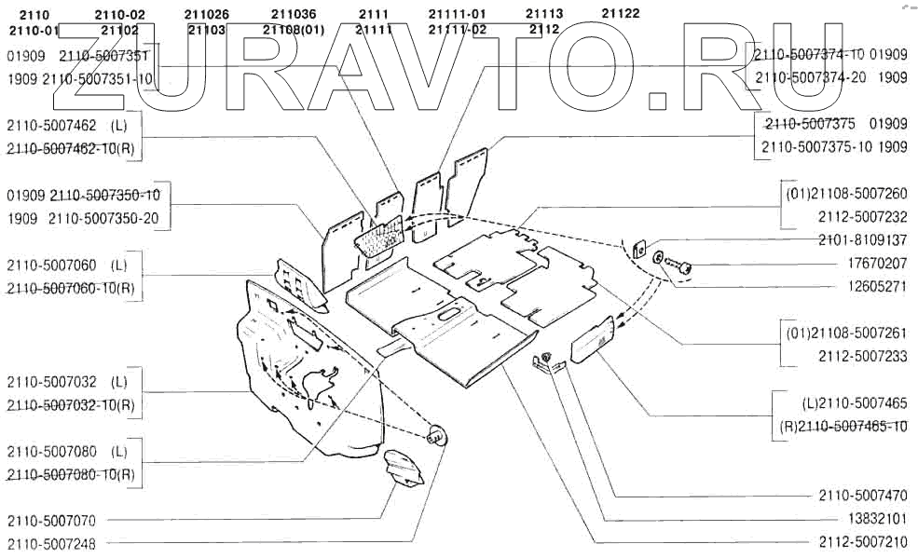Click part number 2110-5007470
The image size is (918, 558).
pos(863,495)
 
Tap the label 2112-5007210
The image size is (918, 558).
pos(863,541)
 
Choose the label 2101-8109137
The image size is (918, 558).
pos(863,240)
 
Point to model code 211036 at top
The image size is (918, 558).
pos(294,14)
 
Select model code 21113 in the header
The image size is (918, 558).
pos(544,14)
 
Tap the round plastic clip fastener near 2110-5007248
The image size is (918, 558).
pos(436,435)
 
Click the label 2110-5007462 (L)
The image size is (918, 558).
pos(66,125)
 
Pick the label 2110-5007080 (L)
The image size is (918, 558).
pos(66,451)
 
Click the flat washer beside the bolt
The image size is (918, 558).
pos(659,256)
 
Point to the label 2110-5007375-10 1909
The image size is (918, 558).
pos(834,147)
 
